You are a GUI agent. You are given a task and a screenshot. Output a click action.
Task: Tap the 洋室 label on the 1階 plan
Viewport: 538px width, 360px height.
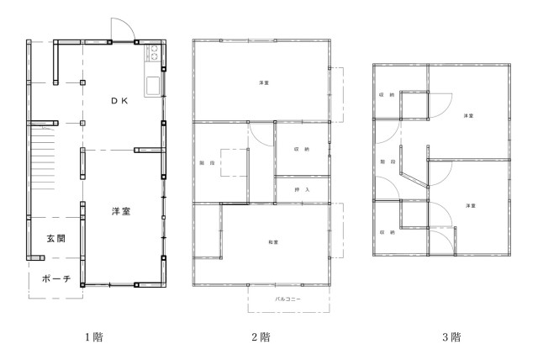[121, 211]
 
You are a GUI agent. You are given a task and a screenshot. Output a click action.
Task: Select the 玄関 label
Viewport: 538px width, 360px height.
[56, 239]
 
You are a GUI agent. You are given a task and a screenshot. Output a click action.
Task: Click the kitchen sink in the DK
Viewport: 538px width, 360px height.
[156, 87]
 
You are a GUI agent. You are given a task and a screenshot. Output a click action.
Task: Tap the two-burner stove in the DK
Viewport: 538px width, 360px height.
[156, 56]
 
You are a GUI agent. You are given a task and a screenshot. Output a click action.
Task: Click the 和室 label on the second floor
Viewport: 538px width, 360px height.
[273, 242]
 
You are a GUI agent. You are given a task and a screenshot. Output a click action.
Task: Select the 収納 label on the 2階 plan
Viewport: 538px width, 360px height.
[302, 149]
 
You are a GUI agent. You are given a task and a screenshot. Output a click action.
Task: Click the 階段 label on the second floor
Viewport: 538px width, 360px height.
[206, 161]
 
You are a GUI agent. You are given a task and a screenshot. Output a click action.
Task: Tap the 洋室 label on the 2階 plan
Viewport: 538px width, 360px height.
[264, 82]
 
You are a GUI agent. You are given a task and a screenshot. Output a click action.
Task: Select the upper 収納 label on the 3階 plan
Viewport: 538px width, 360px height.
[387, 95]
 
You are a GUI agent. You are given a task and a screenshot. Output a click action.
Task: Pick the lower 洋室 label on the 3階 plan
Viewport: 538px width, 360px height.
[470, 205]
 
